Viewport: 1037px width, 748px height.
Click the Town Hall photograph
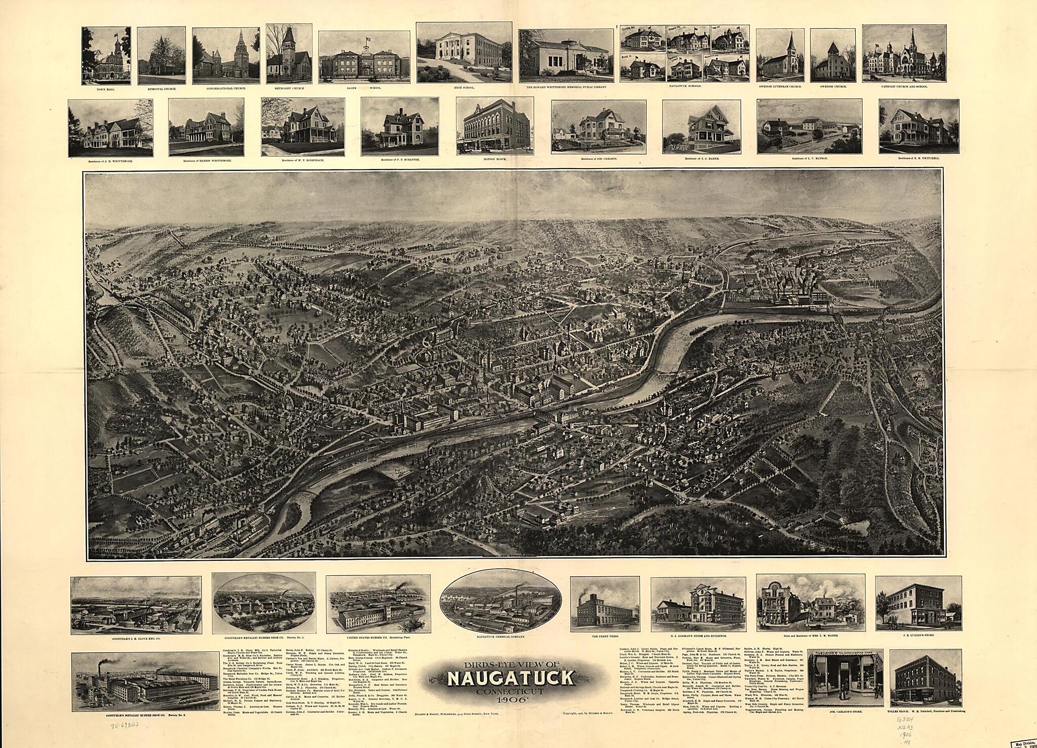[x=106, y=56]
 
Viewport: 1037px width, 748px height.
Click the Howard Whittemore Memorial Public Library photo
[x=566, y=55]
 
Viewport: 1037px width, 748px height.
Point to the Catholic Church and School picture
[x=904, y=54]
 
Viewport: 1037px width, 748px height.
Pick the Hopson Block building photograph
[x=493, y=126]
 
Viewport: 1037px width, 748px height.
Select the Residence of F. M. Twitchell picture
[x=919, y=126]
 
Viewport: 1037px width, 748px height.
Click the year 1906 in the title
[x=511, y=700]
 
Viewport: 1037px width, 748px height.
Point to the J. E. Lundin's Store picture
[x=918, y=604]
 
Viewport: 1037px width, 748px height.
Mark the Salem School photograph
[x=364, y=57]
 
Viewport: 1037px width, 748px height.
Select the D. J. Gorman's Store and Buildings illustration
[x=700, y=604]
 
